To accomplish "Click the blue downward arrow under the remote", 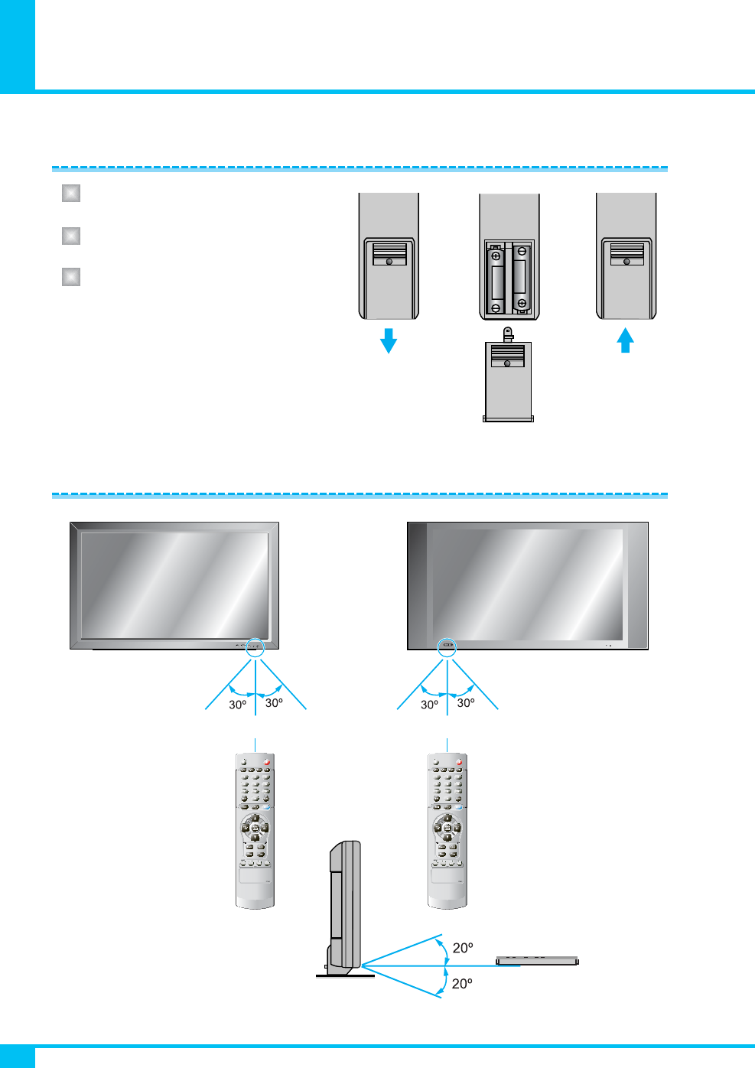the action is pyautogui.click(x=389, y=340).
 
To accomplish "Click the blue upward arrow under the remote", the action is pyautogui.click(x=626, y=340).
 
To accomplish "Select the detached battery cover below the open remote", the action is pyautogui.click(x=508, y=380).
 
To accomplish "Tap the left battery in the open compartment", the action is pyautogui.click(x=496, y=281).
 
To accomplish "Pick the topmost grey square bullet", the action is pyautogui.click(x=71, y=193).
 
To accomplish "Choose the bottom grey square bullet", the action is pyautogui.click(x=71, y=276).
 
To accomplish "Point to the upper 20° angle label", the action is pyautogui.click(x=463, y=948).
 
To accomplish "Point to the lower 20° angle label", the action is pyautogui.click(x=462, y=984).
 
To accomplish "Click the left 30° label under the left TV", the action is pyautogui.click(x=238, y=705).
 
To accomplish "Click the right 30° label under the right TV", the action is pyautogui.click(x=466, y=703).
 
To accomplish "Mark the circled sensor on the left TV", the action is pyautogui.click(x=255, y=647).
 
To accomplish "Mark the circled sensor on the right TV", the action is pyautogui.click(x=447, y=646).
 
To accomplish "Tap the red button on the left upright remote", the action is pyautogui.click(x=268, y=762).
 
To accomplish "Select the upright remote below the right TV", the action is pyautogui.click(x=447, y=831).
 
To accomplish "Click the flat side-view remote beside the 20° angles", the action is pyautogui.click(x=537, y=961).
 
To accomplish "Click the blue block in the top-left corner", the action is pyautogui.click(x=17, y=46).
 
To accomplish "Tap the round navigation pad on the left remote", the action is pyautogui.click(x=255, y=828).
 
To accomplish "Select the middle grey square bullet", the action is pyautogui.click(x=71, y=235).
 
